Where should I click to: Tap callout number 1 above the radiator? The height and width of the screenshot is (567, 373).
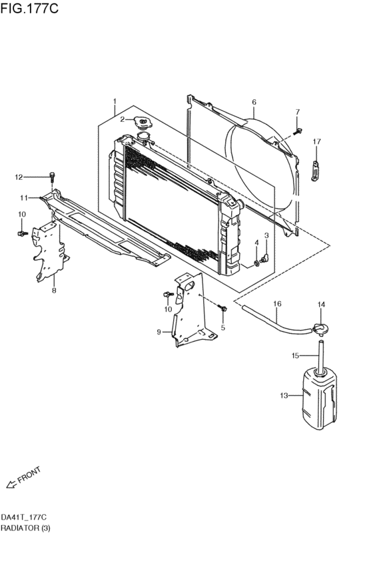point(114,102)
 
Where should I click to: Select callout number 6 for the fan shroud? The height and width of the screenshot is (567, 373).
point(254,102)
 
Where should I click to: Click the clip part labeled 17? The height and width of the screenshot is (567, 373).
point(316,169)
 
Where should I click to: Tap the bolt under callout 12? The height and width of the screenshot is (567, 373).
point(52,177)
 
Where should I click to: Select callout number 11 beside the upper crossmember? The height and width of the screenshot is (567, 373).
point(23,198)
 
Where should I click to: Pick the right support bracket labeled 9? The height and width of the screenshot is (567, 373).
point(190,313)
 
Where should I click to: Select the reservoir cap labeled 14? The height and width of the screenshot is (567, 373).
point(320,327)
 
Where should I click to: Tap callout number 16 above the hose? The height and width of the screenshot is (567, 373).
point(277,304)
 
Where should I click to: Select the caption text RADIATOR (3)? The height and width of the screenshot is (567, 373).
point(25,528)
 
